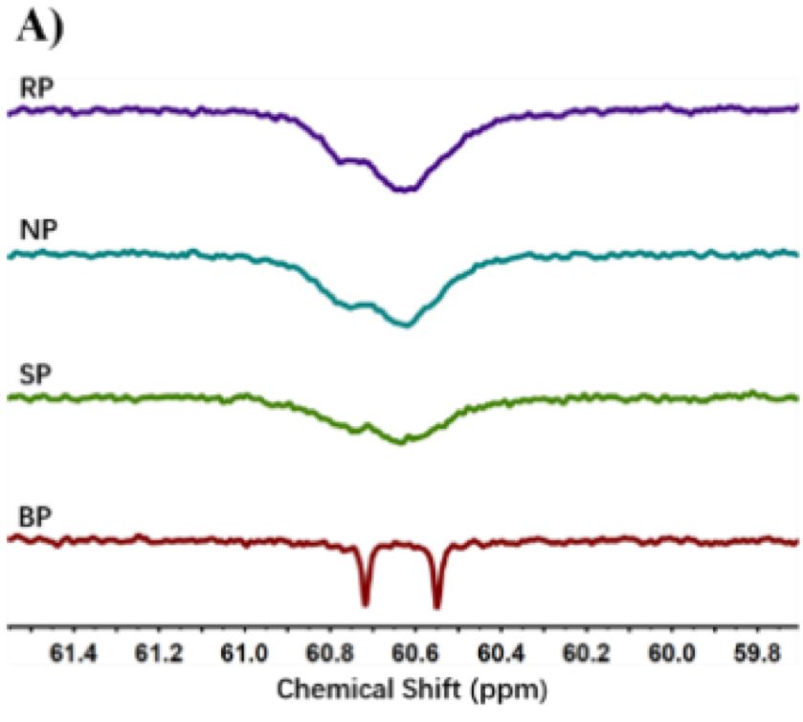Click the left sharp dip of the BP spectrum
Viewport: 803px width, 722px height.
click(x=365, y=603)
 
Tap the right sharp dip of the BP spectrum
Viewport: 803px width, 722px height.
click(x=436, y=605)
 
